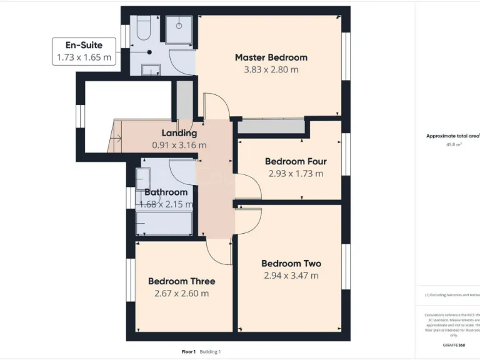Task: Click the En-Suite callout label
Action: pos(84,45)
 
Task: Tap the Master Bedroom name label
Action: pos(271,57)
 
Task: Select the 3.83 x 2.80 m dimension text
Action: pos(271,69)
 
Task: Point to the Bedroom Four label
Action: pos(296,161)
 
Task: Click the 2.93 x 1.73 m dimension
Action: pos(296,173)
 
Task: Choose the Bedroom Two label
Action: pos(291,263)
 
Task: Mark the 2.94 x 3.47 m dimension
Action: pos(291,275)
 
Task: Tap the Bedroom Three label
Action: pos(181,281)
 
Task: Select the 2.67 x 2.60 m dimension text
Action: pos(181,293)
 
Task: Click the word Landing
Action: pos(179,133)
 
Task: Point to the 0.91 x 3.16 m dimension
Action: pos(179,145)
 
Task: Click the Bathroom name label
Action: pos(166,192)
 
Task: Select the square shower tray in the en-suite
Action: pos(179,29)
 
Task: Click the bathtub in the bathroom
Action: pos(164,223)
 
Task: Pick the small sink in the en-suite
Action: pos(151,70)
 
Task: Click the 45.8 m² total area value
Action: pos(454,144)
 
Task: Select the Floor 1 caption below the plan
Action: pos(188,352)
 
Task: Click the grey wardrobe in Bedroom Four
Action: pos(271,126)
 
